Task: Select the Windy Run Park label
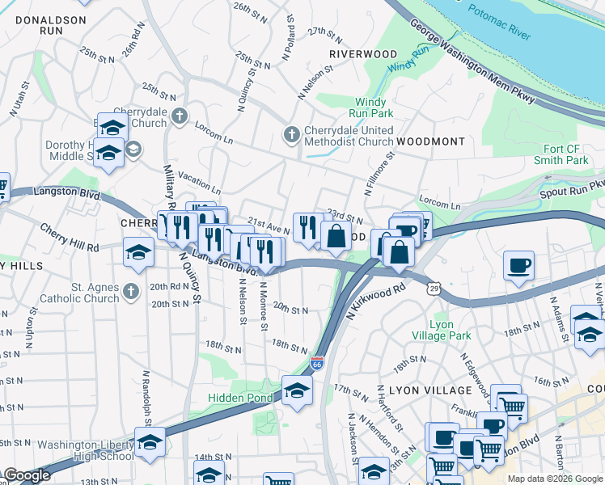(370, 108)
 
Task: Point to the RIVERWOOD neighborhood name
(363, 54)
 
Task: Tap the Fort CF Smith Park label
(565, 155)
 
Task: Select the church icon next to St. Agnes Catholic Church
(131, 290)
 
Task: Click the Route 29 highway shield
(435, 289)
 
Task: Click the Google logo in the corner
(27, 475)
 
